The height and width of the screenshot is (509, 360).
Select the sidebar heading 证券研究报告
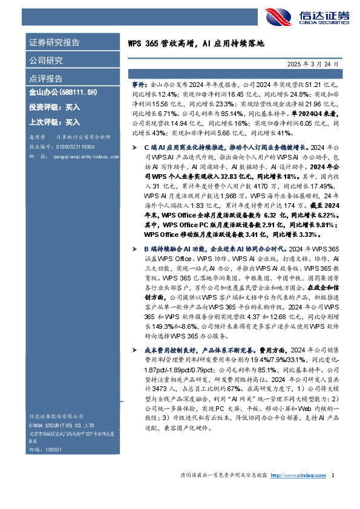click(54, 43)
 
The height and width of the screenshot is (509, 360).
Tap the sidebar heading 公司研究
click(46, 60)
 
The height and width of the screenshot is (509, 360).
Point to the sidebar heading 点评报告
click(46, 79)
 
